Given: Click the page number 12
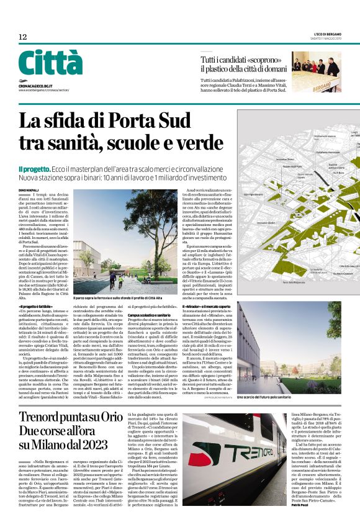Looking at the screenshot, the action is click(x=22, y=38).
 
